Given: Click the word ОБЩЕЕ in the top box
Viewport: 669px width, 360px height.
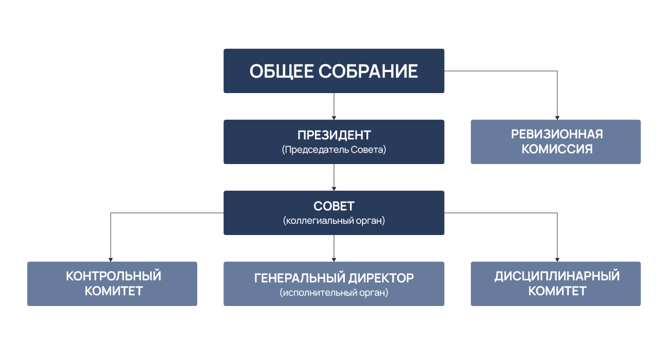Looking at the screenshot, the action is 281,71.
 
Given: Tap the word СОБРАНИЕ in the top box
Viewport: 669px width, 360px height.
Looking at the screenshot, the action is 368,71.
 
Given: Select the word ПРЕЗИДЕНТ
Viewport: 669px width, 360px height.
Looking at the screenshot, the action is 334,135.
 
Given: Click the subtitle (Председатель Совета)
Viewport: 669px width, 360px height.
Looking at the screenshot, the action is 334,150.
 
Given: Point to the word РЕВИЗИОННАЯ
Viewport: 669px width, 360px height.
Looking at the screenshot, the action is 557,134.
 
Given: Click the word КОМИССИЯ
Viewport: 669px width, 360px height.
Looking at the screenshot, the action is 557,149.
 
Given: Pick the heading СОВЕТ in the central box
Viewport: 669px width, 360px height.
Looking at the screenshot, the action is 334,206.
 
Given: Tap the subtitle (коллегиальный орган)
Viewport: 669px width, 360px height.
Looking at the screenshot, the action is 334,221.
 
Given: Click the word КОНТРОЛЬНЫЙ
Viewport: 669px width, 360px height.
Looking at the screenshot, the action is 114,276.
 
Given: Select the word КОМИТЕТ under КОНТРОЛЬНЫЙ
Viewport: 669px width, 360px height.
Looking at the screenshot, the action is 114,291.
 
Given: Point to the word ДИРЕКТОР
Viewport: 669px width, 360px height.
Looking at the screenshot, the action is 381,278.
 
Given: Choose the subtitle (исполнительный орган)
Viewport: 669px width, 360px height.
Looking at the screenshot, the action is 334,293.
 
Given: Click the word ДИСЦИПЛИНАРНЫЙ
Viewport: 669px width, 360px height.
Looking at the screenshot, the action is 557,276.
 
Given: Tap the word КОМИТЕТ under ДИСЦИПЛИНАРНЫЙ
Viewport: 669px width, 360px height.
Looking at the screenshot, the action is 557,291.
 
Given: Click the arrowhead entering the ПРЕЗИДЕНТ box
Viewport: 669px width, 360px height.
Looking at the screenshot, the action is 334,118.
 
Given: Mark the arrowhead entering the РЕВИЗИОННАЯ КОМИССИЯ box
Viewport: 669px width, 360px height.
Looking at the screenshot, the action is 557,118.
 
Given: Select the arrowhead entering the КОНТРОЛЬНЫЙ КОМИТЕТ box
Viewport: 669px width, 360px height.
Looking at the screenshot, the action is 111,260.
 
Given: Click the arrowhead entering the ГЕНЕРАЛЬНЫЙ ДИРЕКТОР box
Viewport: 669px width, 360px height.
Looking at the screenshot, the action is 334,260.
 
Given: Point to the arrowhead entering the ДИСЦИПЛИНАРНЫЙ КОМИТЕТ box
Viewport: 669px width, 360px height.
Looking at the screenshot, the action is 557,260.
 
